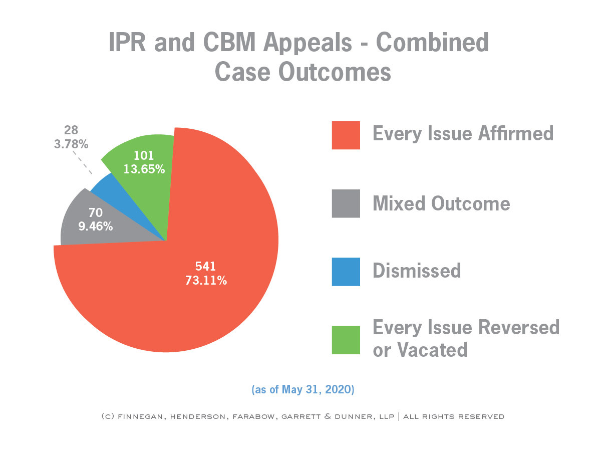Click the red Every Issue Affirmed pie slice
pos(210,301)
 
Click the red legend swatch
pos(346,135)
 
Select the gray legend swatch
pos(346,203)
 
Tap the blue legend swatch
pos(346,272)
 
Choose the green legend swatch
pos(346,340)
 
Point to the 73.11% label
pos(205,281)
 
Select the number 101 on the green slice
pos(144,156)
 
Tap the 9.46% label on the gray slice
pos(95,226)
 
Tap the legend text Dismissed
pos(417,271)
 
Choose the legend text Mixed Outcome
pos(441,203)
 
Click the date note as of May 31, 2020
pos(303,390)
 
